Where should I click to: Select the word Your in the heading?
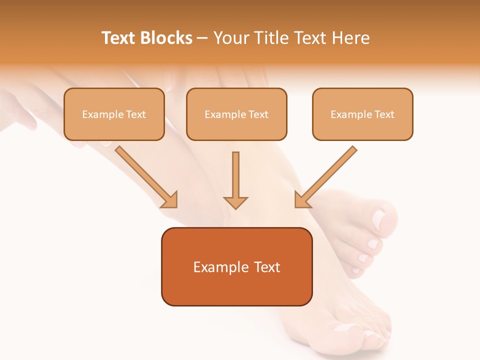pyautogui.click(x=230, y=38)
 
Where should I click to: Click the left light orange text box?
pyautogui.click(x=114, y=114)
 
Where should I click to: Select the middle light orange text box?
pyautogui.click(x=236, y=114)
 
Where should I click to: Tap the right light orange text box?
pyautogui.click(x=362, y=114)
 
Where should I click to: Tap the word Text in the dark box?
pyautogui.click(x=267, y=267)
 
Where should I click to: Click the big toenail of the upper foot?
pyautogui.click(x=379, y=218)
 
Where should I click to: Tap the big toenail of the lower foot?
pyautogui.click(x=345, y=328)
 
